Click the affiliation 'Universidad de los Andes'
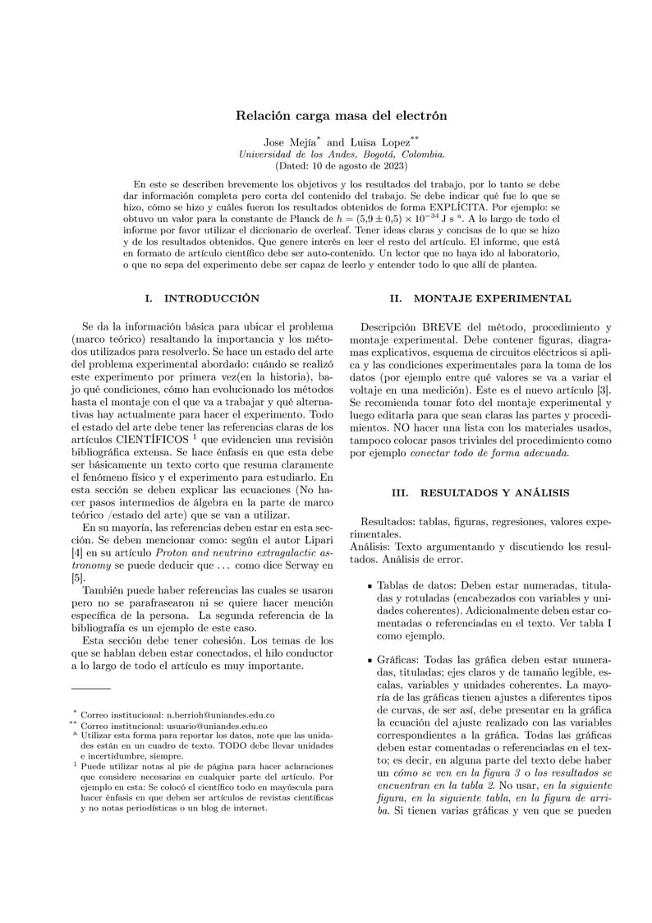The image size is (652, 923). coord(291,153)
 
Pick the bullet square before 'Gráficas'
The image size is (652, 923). coord(370,661)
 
